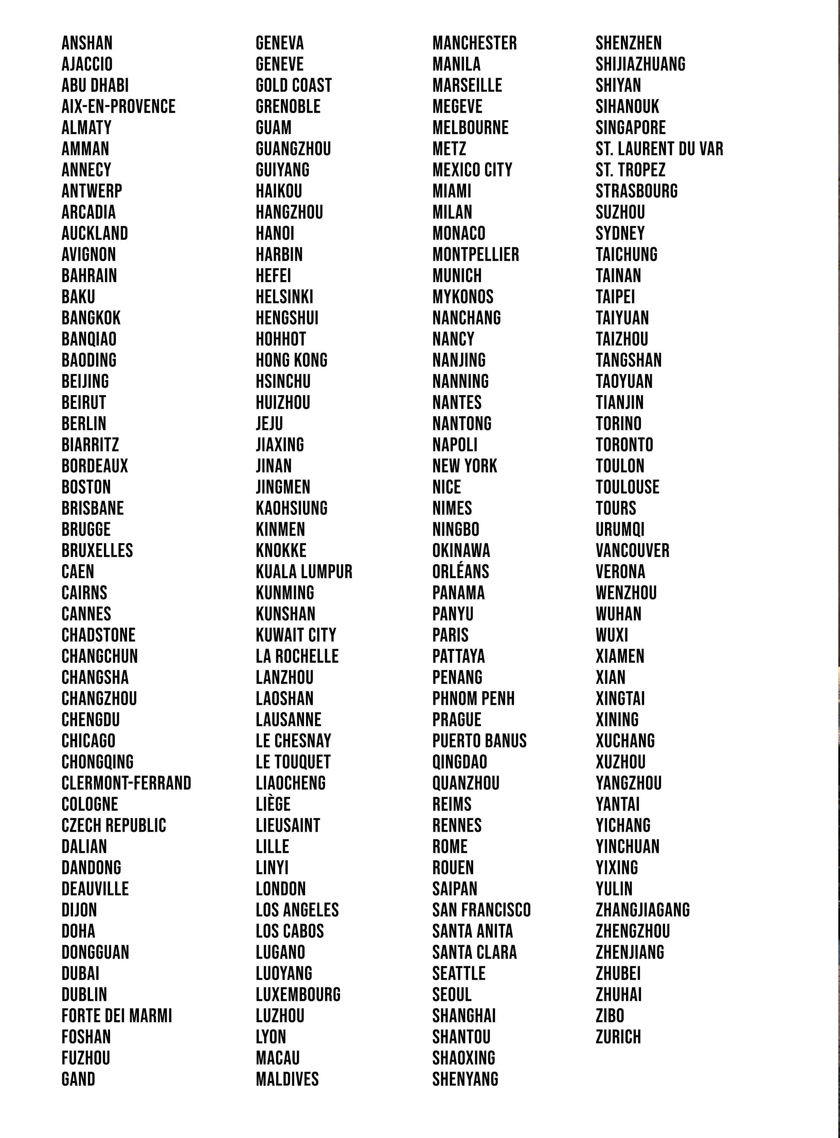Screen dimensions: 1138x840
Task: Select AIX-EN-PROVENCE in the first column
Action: tap(119, 107)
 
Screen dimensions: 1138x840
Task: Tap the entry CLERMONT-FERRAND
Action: tap(126, 783)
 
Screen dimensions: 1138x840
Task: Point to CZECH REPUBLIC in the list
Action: tap(114, 825)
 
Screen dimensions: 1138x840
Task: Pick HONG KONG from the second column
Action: tap(291, 360)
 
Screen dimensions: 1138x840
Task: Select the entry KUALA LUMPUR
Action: tap(304, 572)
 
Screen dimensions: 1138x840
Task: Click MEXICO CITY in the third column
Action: tap(472, 170)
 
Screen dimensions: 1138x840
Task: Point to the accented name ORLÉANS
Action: tap(461, 572)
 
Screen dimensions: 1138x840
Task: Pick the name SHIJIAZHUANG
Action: tap(641, 64)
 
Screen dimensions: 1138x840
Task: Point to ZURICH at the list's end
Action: tap(618, 1037)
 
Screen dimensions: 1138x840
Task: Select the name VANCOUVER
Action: tap(632, 550)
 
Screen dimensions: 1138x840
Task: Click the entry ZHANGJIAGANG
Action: tap(643, 910)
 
